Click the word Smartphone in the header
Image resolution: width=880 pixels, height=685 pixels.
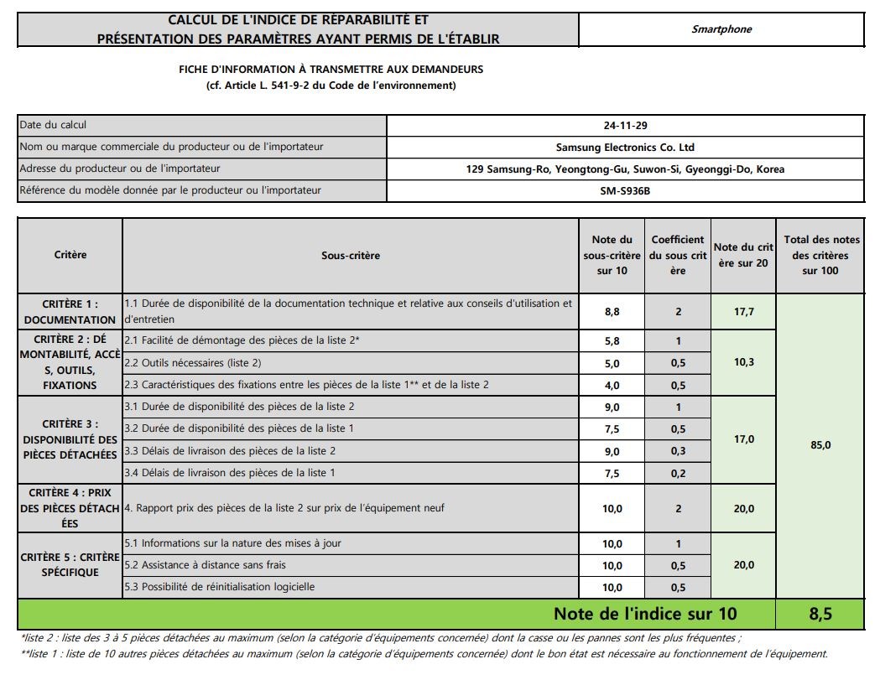click(x=721, y=29)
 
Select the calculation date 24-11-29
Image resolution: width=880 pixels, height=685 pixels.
click(x=625, y=126)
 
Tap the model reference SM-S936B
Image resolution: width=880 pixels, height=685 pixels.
click(x=625, y=190)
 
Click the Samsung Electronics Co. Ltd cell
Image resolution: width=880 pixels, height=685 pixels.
click(x=625, y=148)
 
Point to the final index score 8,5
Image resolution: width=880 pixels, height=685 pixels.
click(x=820, y=614)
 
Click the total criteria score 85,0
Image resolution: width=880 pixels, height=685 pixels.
click(x=820, y=445)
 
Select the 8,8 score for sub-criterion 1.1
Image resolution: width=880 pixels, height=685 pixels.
click(x=612, y=311)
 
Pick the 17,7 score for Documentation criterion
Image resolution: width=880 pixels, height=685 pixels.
click(x=743, y=311)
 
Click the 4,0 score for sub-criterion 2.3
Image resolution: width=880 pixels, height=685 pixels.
click(x=612, y=385)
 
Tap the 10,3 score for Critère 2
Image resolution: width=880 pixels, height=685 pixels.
click(x=743, y=362)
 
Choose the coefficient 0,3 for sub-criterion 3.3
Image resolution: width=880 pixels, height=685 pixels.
click(x=678, y=451)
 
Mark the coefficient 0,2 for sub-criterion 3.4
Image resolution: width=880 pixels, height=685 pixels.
click(x=678, y=473)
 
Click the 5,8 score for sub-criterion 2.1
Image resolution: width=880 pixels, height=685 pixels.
click(x=612, y=340)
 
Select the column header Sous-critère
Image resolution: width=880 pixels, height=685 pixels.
click(x=351, y=255)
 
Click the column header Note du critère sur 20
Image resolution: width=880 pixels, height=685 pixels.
click(x=743, y=255)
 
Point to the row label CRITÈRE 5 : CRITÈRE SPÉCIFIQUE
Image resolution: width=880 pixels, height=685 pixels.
click(x=70, y=565)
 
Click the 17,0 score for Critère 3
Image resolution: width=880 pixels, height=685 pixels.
click(x=743, y=439)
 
